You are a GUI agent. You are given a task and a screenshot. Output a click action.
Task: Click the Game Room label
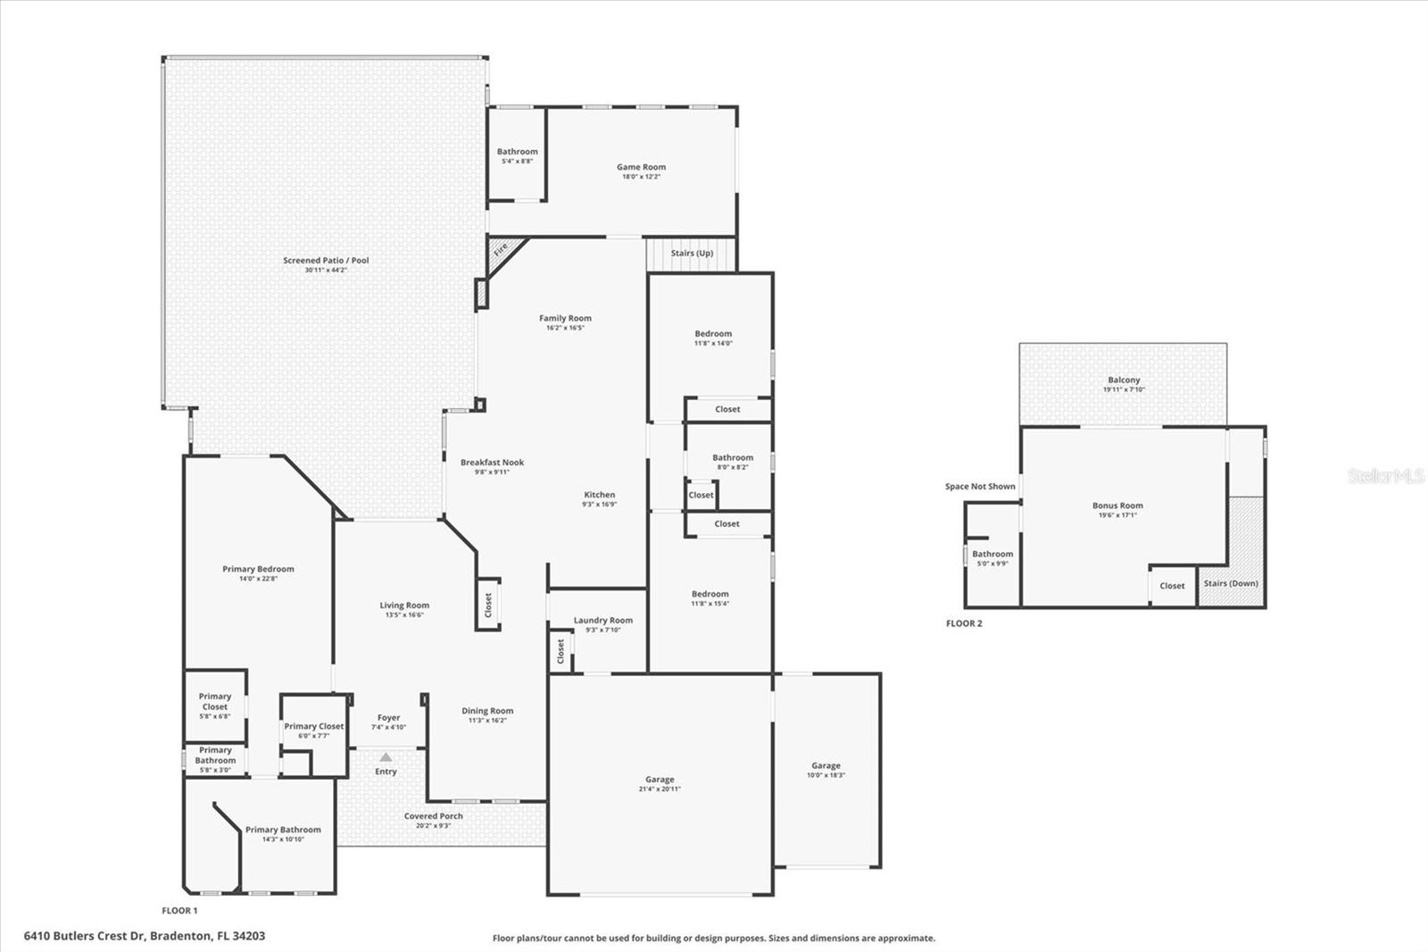coord(641,167)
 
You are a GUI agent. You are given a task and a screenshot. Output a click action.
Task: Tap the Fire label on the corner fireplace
coord(501,248)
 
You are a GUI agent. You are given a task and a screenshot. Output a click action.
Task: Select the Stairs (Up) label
coord(692,254)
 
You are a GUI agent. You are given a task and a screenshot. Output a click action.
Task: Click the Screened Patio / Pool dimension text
coord(326,270)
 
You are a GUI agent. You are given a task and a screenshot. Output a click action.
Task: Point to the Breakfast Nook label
coord(492,463)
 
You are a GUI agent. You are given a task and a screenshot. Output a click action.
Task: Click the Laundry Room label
coord(602,620)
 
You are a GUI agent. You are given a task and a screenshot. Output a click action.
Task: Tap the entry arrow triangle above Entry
coord(386,756)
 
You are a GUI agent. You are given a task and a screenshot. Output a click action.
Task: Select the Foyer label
coord(388,717)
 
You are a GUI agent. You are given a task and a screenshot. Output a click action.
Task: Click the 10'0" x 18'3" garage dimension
coord(826,775)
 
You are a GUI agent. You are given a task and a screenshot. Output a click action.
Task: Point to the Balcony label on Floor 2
coord(1124,380)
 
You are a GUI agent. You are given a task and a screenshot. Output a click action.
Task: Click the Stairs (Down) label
coord(1231,583)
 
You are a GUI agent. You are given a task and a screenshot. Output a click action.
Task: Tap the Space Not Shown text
coord(980,487)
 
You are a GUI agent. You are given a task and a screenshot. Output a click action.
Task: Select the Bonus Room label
coord(1117,505)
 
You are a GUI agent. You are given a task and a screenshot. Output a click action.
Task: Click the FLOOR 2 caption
coord(964,623)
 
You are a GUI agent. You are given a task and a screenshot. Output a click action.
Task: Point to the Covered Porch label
coord(433,816)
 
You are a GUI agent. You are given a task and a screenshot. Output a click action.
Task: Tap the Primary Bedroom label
coord(258,569)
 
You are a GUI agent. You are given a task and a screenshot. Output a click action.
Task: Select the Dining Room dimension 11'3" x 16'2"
coord(487,721)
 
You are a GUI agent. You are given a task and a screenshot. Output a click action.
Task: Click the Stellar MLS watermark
coord(1385,476)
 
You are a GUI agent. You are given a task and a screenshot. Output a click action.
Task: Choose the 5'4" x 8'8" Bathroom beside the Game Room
coord(517,156)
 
